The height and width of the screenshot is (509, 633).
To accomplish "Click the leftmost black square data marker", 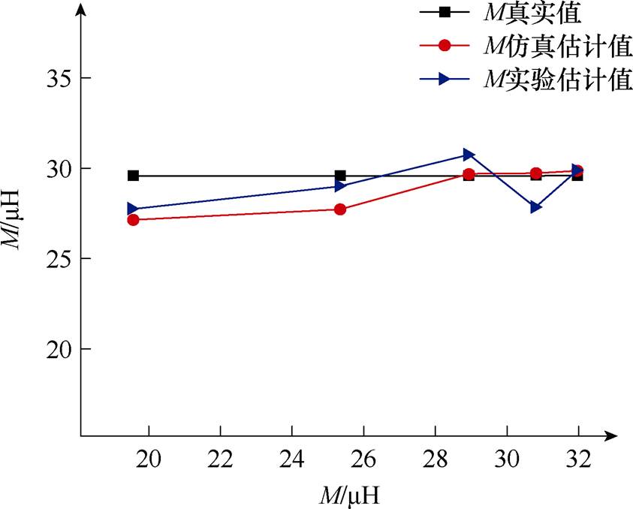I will click(133, 176).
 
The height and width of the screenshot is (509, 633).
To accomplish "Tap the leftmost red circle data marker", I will click(133, 220).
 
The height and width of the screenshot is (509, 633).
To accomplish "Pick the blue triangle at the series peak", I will click(469, 155).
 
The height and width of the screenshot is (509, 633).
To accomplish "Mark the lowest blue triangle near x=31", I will click(536, 207).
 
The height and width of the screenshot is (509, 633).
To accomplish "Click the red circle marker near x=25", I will click(340, 209).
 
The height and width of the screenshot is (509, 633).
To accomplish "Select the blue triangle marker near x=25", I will click(340, 186).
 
